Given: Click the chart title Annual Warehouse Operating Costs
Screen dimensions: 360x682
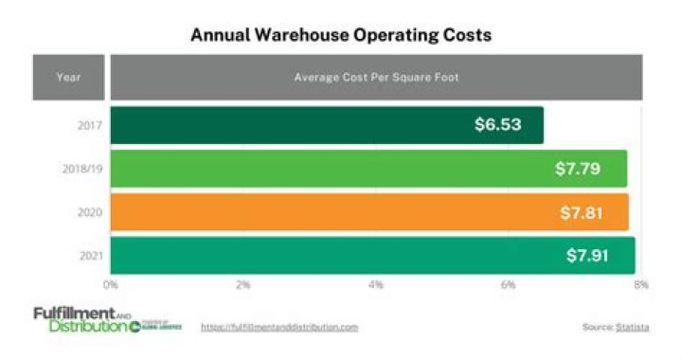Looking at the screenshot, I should tap(341, 35).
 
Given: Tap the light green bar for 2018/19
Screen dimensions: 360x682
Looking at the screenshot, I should tap(332, 169).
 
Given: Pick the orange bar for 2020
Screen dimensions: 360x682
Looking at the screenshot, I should tap(332, 212).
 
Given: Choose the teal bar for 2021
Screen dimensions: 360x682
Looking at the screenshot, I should tap(332, 256).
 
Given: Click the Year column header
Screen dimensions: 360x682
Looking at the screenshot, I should tap(69, 77).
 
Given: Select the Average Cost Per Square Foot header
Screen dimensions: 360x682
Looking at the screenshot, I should tap(376, 77).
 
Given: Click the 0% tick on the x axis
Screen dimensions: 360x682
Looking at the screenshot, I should tap(111, 283).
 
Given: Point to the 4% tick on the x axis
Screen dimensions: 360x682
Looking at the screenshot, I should tap(376, 283).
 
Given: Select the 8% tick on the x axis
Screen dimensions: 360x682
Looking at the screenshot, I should tap(641, 283).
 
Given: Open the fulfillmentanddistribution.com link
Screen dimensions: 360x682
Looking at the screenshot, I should tap(279, 327).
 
